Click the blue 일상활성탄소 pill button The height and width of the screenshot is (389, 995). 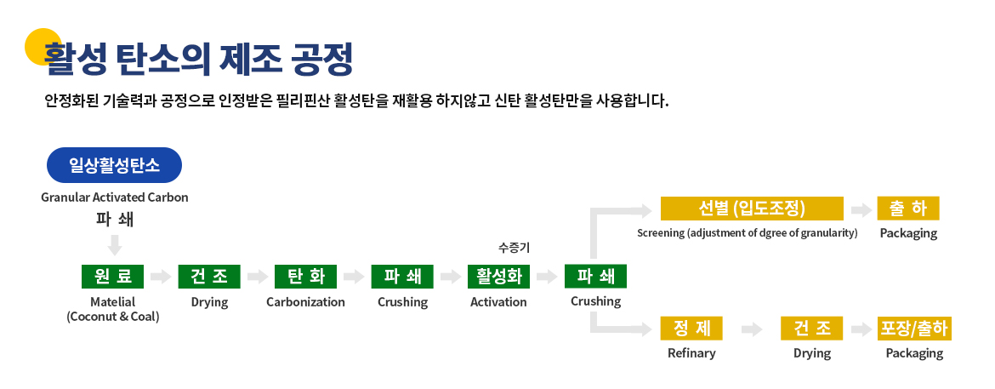tap(114, 165)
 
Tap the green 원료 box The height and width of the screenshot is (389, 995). tap(113, 277)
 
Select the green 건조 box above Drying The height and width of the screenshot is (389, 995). tap(209, 277)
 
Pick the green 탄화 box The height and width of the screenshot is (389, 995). tap(306, 277)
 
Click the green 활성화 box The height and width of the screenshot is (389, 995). tap(498, 277)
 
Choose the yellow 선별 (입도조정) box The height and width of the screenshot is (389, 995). tap(752, 209)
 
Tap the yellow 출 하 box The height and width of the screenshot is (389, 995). tap(908, 209)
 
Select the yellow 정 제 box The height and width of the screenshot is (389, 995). tap(691, 329)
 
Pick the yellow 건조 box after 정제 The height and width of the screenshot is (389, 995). tap(811, 329)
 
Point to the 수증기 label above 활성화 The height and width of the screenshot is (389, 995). tap(514, 249)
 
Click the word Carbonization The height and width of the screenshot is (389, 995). tap(306, 302)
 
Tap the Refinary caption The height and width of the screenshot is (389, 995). tap(691, 353)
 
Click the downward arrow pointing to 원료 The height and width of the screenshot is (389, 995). tap(115, 244)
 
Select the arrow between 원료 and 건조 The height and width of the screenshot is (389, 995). tap(162, 277)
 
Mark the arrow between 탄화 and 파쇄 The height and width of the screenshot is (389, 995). tap(354, 277)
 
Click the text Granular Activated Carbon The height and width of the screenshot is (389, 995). tap(115, 197)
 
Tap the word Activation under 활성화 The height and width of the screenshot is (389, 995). tap(498, 302)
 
